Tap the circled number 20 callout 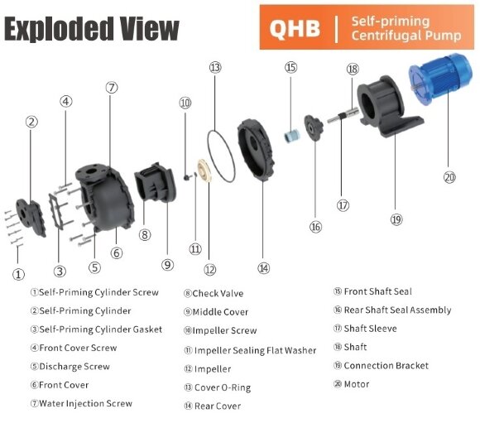point(449,176)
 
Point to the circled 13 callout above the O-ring point(215,68)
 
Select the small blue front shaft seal point(290,135)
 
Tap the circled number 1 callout point(18,274)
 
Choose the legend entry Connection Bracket point(386,366)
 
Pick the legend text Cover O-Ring point(222,387)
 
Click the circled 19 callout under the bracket point(396,219)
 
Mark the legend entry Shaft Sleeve point(372,329)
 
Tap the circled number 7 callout point(113,87)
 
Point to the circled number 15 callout point(290,67)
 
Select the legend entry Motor point(357,384)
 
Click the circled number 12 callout point(210,269)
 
